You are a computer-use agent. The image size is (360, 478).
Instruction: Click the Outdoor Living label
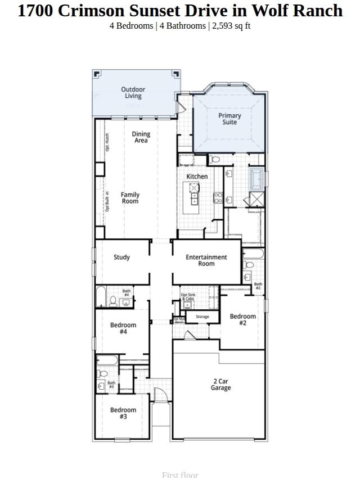tap(133, 93)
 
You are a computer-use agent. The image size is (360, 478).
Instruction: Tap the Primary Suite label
tap(229, 119)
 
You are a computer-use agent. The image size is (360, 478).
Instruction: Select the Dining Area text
tap(141, 137)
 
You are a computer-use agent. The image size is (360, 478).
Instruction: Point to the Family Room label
tap(130, 198)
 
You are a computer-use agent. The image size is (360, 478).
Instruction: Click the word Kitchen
tap(197, 177)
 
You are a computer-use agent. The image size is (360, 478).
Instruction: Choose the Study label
tap(121, 258)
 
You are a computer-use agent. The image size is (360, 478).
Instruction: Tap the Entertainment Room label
tap(206, 260)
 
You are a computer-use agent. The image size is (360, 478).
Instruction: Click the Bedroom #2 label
tap(242, 319)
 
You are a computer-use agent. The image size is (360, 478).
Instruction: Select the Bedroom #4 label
tap(123, 328)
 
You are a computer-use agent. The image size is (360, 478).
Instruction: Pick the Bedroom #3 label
tap(123, 413)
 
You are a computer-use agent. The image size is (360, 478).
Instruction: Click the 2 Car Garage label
tap(220, 385)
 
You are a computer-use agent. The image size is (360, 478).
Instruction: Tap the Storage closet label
tap(202, 317)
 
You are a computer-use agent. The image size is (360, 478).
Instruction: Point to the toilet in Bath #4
tap(113, 301)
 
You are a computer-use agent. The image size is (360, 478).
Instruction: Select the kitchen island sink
tap(195, 199)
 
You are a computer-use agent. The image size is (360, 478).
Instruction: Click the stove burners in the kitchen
tap(218, 197)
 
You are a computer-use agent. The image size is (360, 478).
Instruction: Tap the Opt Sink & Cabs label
tap(188, 296)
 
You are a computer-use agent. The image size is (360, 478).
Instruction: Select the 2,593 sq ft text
tap(231, 26)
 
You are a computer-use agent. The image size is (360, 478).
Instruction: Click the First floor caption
tap(180, 475)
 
